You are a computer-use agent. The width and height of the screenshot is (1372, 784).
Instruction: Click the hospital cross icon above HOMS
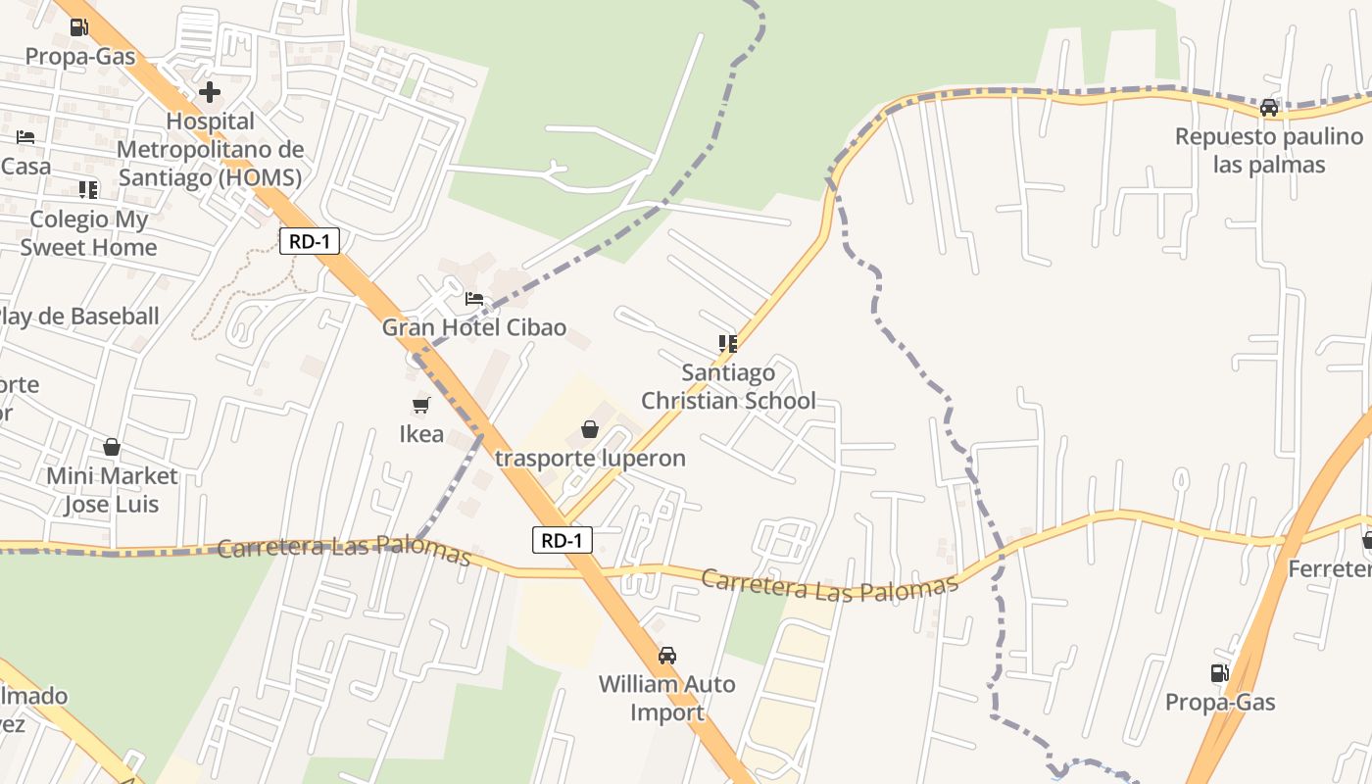pos(210,92)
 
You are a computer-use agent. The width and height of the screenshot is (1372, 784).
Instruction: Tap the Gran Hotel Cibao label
pos(474,327)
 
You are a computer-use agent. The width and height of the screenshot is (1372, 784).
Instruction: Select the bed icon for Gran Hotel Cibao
pos(474,299)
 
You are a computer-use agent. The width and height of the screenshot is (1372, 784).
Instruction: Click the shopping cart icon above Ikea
pos(421,405)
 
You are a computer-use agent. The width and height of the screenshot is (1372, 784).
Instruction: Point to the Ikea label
pos(421,433)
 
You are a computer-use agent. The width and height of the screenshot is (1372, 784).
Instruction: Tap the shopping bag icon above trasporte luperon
pos(590,429)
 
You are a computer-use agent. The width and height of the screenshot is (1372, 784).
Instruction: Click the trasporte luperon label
pos(590,458)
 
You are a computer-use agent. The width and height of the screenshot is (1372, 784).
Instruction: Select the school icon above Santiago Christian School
pos(727,343)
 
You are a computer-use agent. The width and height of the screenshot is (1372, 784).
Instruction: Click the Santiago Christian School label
pos(728,386)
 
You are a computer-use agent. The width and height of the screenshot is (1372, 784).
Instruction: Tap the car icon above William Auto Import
pos(667,655)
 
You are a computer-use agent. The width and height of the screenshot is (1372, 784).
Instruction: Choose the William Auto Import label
pos(667,698)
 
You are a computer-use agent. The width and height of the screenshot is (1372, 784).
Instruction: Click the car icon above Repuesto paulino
pos(1269,108)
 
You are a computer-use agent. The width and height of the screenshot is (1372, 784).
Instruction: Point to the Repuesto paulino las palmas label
pos(1269,150)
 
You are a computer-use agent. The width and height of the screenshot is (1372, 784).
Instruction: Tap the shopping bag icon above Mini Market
pos(112,447)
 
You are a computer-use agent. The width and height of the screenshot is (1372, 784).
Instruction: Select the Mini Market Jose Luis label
pos(112,490)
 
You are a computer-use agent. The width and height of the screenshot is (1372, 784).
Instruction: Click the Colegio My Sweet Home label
pos(88,233)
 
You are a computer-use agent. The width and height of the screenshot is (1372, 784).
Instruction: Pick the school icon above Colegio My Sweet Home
pos(88,189)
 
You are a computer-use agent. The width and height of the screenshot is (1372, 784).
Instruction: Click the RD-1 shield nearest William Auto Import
pos(563,539)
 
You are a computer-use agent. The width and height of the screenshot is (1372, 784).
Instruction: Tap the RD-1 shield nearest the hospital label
pos(310,241)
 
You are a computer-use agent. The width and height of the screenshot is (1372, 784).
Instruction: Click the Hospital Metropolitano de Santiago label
pos(210,149)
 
